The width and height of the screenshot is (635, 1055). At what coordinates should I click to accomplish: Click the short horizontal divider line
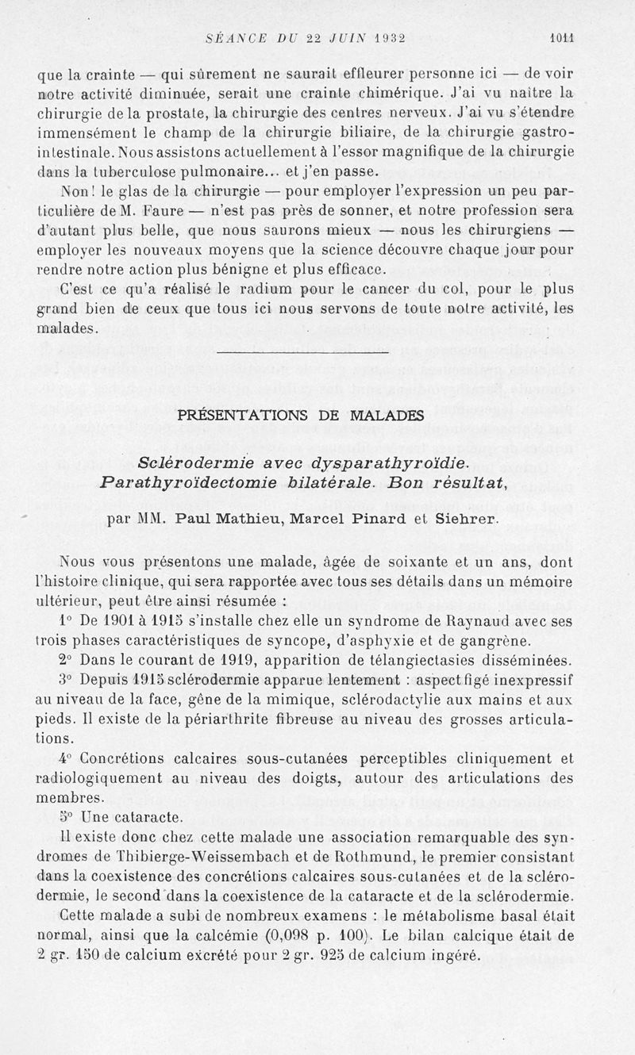tap(302, 350)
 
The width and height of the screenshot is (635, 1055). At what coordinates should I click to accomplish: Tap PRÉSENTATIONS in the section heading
tap(240, 415)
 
